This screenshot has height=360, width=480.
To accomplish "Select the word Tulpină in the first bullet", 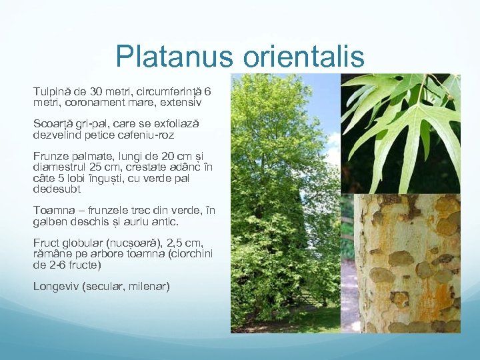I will [x=52, y=91].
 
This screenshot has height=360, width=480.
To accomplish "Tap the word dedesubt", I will [x=59, y=189].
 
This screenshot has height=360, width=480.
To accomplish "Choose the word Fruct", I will [x=45, y=243].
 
